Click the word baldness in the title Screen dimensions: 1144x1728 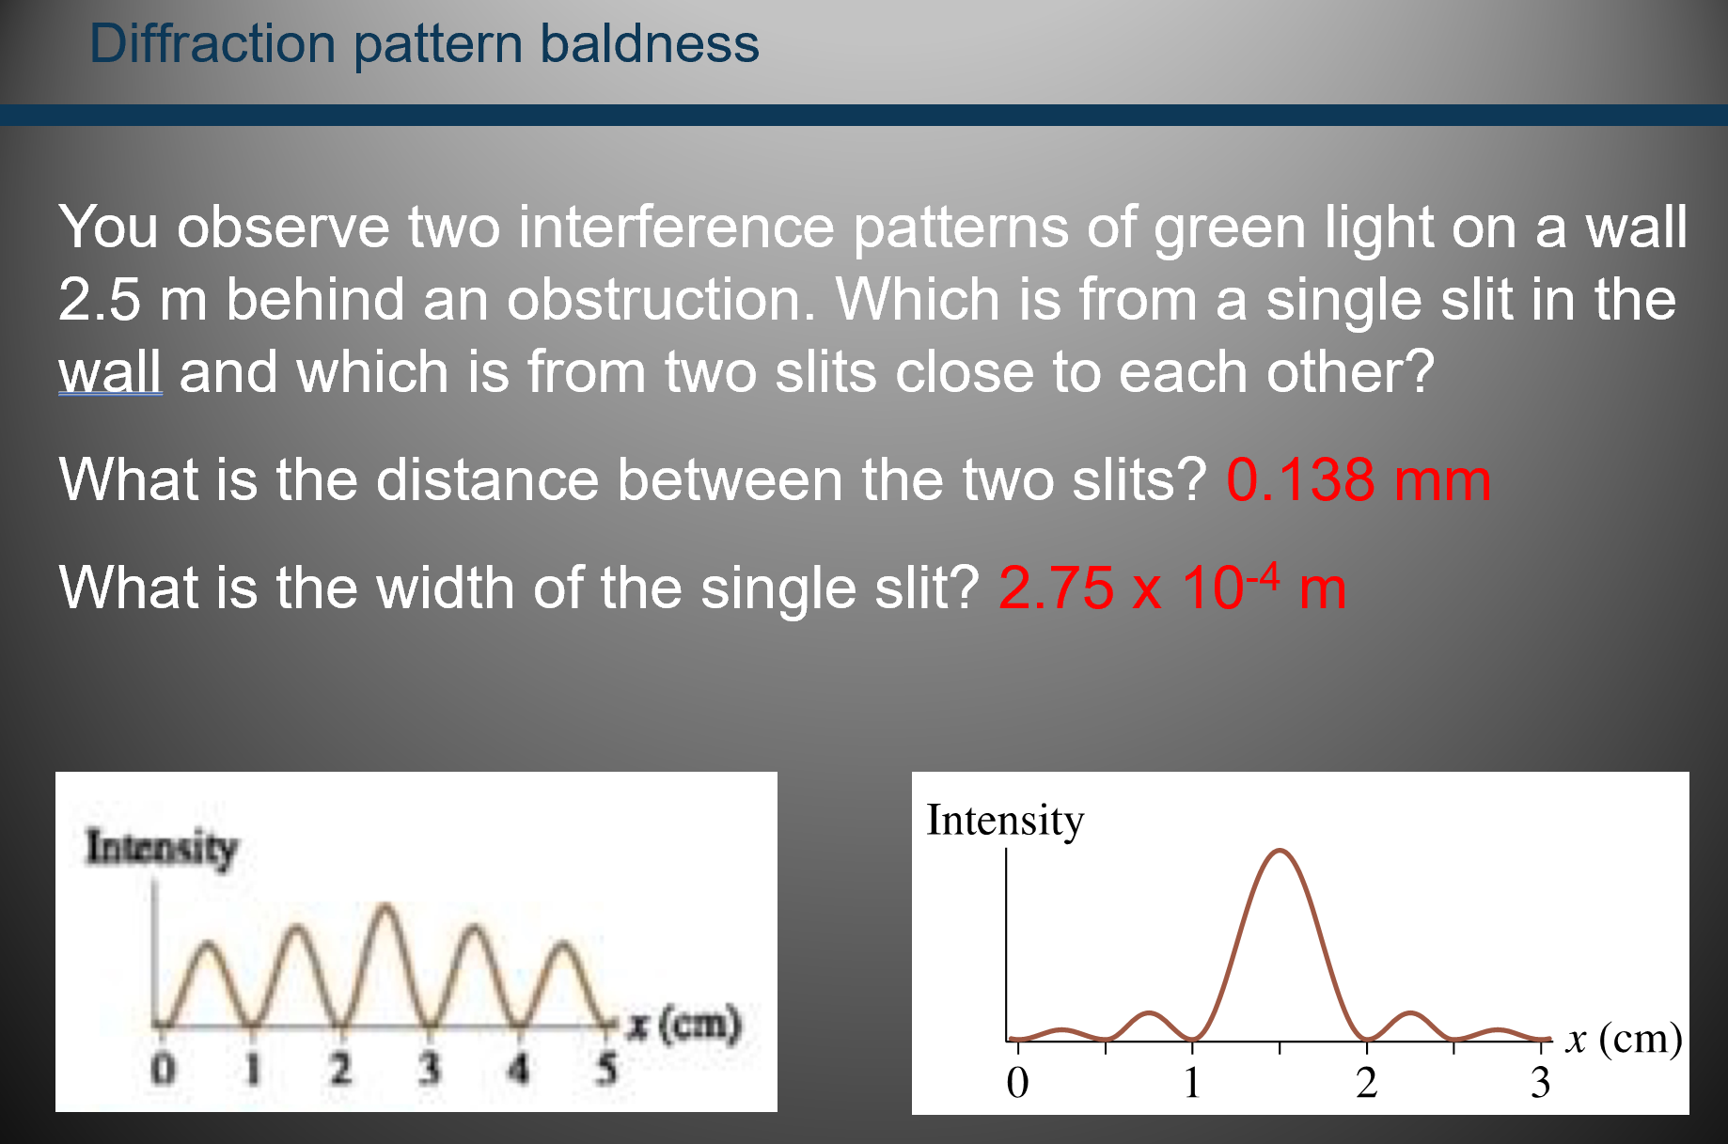point(649,44)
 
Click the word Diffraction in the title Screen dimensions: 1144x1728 point(212,44)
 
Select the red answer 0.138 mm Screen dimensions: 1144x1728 point(1358,480)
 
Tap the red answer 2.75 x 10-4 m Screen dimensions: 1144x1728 point(1171,589)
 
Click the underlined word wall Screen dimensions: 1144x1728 point(110,372)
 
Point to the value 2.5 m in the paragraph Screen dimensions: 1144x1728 point(132,301)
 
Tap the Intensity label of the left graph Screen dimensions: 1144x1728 point(161,847)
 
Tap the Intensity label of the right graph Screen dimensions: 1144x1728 point(1004,820)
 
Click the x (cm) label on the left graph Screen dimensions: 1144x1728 point(684,1025)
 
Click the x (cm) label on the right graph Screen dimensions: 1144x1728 point(1623,1040)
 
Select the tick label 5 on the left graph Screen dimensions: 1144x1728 point(606,1070)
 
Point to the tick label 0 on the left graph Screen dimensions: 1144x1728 point(164,1070)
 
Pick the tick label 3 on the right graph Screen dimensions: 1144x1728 point(1539,1083)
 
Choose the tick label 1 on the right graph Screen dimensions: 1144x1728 point(1191,1083)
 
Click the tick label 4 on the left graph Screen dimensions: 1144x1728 point(518,1070)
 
